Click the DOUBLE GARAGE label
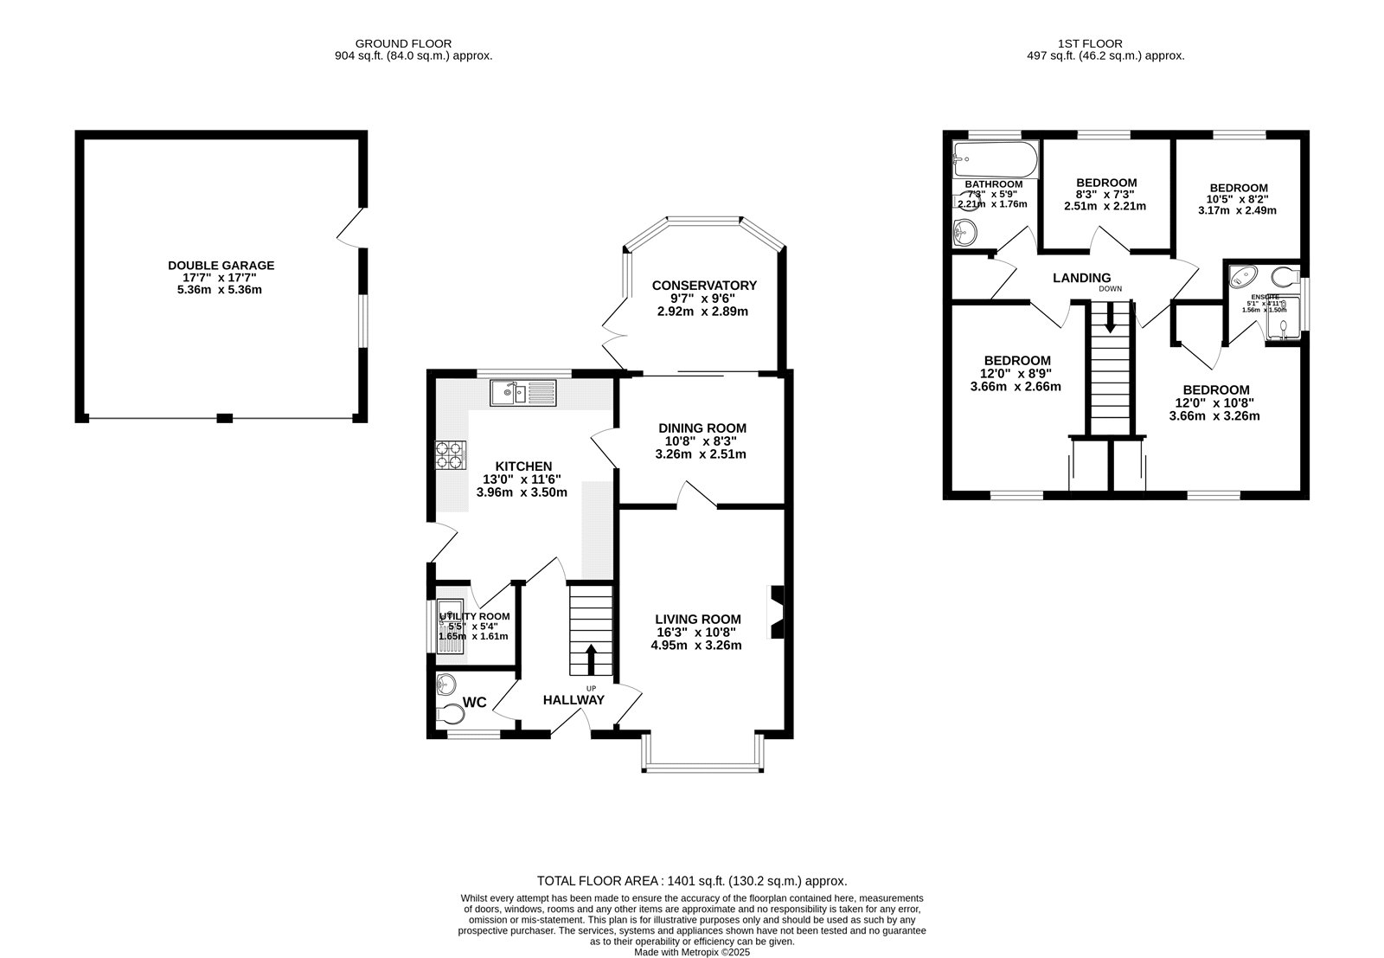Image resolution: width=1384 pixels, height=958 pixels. (x=221, y=266)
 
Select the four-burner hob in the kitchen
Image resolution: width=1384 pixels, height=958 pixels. (x=451, y=455)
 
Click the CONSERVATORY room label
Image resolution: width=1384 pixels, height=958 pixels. (x=704, y=286)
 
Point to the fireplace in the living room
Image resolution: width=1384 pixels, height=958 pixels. (x=777, y=612)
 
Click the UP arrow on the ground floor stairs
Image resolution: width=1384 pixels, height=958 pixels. (x=592, y=659)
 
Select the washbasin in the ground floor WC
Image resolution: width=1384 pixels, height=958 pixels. (x=446, y=684)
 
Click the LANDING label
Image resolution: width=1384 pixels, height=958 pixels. (x=1081, y=278)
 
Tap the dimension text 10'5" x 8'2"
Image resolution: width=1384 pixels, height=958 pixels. (x=1238, y=199)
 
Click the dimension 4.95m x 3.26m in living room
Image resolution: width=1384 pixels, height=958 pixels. (x=698, y=645)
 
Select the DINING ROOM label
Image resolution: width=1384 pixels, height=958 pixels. (x=702, y=428)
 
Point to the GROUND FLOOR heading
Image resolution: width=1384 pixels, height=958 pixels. (x=403, y=43)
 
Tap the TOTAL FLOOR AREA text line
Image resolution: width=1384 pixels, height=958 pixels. (x=692, y=880)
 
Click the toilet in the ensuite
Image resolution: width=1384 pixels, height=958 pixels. (x=1285, y=277)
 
